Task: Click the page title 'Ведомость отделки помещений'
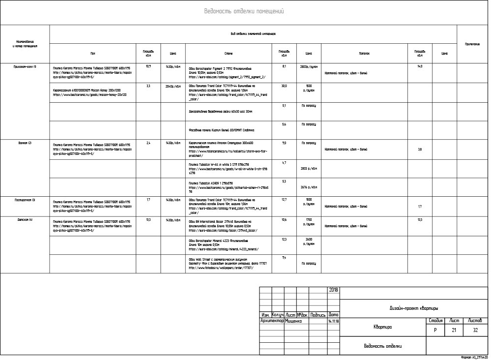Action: coord(244,12)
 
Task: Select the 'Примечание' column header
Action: coord(472,44)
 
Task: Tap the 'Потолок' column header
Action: coord(364,53)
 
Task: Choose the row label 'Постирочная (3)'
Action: coord(25,200)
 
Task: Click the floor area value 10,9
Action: coord(148,66)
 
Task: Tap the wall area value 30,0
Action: coord(284,86)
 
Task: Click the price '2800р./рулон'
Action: coord(309,66)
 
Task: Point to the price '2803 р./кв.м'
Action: coord(309,169)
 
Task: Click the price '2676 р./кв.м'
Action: coord(309,187)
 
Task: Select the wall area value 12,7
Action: coord(284,200)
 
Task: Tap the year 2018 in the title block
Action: coord(333,290)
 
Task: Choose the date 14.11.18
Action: coord(333,321)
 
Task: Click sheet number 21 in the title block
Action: coord(454,330)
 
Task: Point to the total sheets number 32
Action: coord(475,330)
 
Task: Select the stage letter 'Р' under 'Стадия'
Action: coord(435,330)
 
